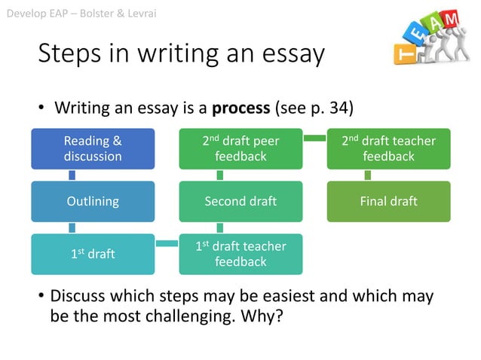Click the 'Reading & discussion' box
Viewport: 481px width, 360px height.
pos(93,148)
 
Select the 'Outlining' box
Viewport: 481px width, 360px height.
pos(93,201)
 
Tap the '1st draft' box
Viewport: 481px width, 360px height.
pos(93,254)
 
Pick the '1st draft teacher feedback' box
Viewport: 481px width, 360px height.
pos(240,254)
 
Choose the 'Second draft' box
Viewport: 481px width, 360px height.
pos(240,201)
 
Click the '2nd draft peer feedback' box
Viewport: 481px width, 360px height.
pos(240,148)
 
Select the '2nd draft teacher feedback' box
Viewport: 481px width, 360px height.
pos(388,148)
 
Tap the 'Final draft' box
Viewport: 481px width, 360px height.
pos(388,201)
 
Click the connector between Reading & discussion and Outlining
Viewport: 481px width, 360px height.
pos(72,175)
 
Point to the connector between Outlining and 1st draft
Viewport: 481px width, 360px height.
pos(72,227)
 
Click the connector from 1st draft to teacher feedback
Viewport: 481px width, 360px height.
pos(167,243)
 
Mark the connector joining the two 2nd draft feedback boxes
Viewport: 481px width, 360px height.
pos(314,138)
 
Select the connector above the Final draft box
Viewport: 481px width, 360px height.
pos(367,175)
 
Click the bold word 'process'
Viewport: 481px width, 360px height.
pos(240,108)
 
